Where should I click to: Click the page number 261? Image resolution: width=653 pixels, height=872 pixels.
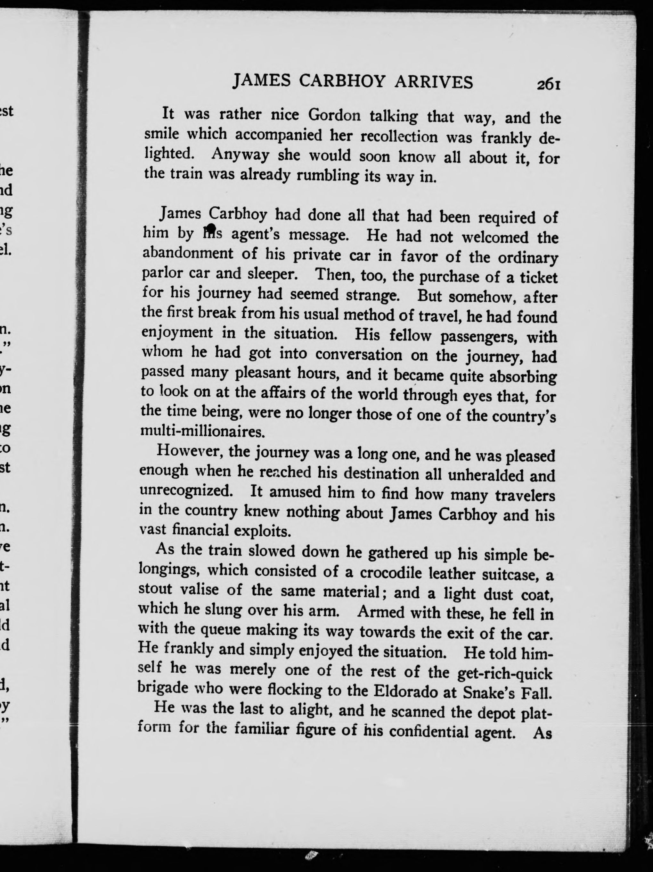pos(548,85)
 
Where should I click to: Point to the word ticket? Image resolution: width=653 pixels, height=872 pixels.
pos(538,278)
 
